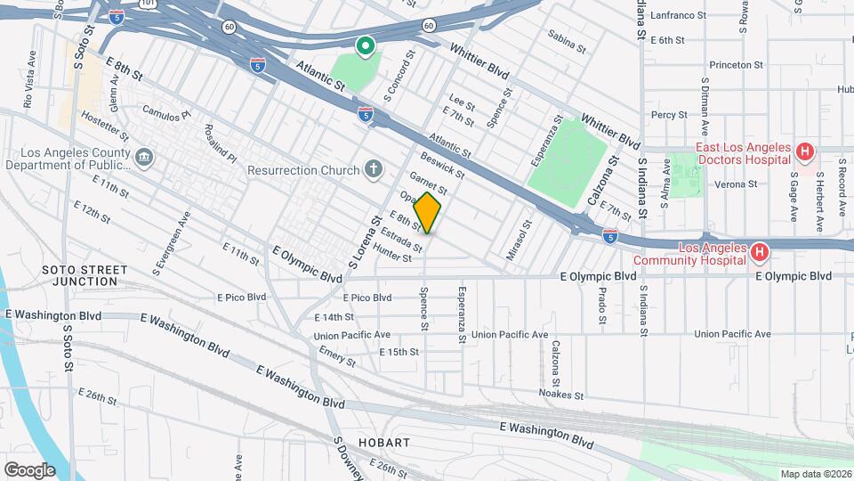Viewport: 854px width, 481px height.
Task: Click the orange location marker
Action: pos(428,213)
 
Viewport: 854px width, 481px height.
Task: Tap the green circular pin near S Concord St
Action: pos(365,45)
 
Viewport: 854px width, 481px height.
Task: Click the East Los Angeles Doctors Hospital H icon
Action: pos(804,153)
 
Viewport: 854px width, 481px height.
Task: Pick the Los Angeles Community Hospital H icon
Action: pos(759,254)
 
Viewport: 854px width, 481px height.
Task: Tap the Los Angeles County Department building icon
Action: pos(144,159)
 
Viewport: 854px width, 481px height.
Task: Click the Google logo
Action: pos(29,469)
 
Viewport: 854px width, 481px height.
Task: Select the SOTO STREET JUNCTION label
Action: pos(79,274)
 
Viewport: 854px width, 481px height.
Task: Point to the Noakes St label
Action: pos(560,394)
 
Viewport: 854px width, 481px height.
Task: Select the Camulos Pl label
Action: pos(167,114)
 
